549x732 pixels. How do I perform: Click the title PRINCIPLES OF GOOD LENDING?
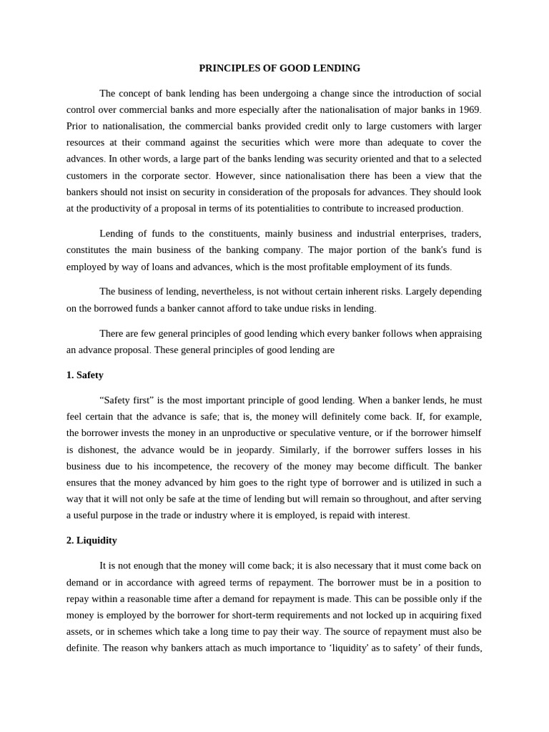(279, 69)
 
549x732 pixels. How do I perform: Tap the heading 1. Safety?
(85, 375)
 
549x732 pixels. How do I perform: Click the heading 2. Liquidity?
(91, 540)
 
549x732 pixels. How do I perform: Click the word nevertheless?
(234, 292)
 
